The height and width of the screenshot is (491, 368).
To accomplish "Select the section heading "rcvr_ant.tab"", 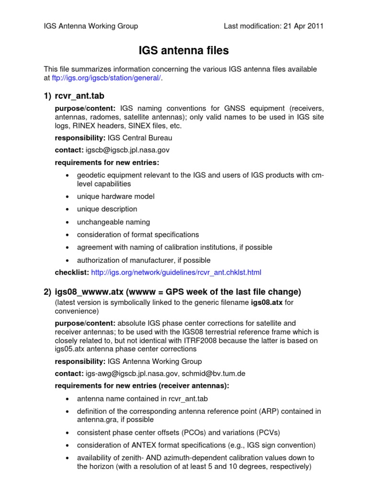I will pos(80,97).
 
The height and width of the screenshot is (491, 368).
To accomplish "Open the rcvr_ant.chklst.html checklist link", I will pos(176,272).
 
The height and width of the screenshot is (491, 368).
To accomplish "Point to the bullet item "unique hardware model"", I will pos(115,196).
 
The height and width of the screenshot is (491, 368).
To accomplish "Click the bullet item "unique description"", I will pos(107,209).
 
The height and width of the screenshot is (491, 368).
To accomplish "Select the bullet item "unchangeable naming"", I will pos(113,222).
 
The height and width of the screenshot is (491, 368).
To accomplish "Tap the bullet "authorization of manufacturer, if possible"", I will pos(143,260).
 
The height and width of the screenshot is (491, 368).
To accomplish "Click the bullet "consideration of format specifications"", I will pos(138,234).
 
